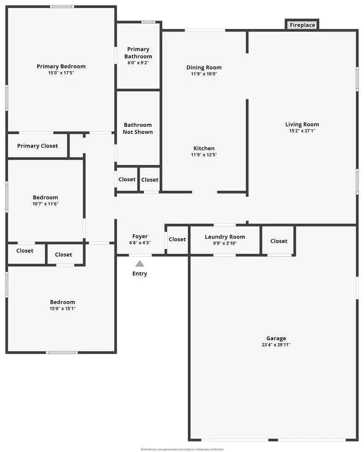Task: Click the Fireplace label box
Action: click(302, 25)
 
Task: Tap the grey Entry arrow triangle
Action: click(140, 264)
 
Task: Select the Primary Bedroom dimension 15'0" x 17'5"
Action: click(61, 73)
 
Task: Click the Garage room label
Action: click(276, 338)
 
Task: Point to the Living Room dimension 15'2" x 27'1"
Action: click(302, 131)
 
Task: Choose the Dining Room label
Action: click(204, 67)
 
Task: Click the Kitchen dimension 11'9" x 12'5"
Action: click(204, 155)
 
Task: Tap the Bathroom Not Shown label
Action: click(138, 128)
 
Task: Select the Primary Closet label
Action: click(37, 146)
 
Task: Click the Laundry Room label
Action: click(225, 237)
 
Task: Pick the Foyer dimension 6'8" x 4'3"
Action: click(140, 243)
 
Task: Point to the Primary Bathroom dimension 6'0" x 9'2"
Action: click(138, 63)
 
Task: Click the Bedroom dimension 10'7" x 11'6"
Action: click(45, 204)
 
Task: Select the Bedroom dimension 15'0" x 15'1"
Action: click(63, 308)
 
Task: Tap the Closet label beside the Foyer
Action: click(177, 239)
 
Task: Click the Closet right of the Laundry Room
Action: click(279, 241)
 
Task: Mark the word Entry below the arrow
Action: click(140, 274)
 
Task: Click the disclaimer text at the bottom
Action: click(182, 449)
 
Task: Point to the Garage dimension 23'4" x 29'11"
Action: click(276, 345)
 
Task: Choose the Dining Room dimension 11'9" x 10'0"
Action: click(204, 74)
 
